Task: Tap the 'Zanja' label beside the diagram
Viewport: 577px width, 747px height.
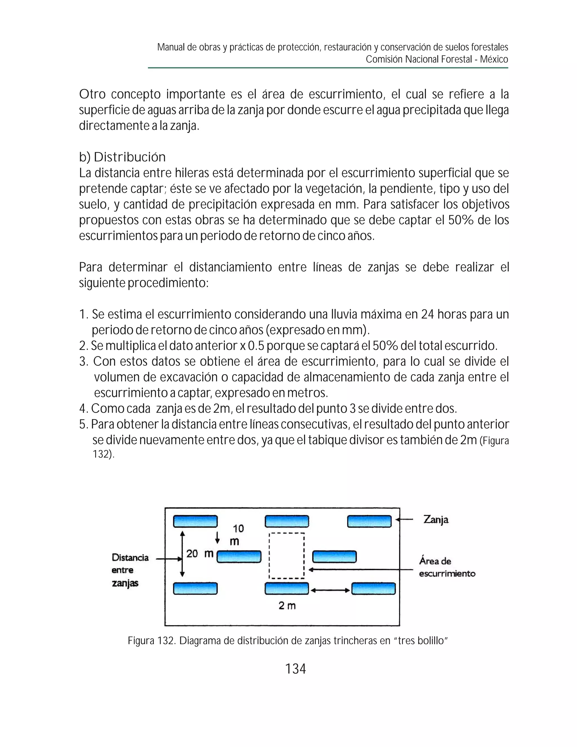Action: [x=436, y=520]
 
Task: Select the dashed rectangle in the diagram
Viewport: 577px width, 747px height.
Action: [x=287, y=556]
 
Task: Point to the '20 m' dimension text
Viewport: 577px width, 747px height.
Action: [x=200, y=553]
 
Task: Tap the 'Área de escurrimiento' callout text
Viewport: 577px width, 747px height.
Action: [x=447, y=567]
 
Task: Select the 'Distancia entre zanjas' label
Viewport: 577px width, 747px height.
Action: [x=130, y=570]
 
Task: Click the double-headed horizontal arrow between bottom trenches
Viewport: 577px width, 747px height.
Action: [x=330, y=590]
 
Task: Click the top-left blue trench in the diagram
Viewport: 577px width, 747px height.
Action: [x=195, y=521]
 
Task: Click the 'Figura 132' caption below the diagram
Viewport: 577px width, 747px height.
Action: [x=288, y=640]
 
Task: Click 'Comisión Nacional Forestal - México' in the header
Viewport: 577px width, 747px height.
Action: [x=437, y=59]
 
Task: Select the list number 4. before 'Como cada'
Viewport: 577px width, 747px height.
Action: [x=84, y=408]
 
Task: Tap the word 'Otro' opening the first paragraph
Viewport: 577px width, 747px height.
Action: [x=92, y=94]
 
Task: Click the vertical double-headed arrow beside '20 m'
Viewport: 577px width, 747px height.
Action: [x=182, y=553]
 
